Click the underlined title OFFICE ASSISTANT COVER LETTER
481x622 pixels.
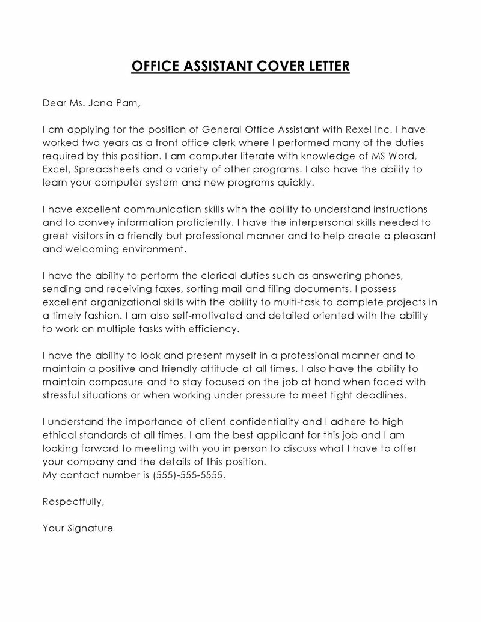tap(240, 66)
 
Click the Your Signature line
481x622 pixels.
tap(78, 528)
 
